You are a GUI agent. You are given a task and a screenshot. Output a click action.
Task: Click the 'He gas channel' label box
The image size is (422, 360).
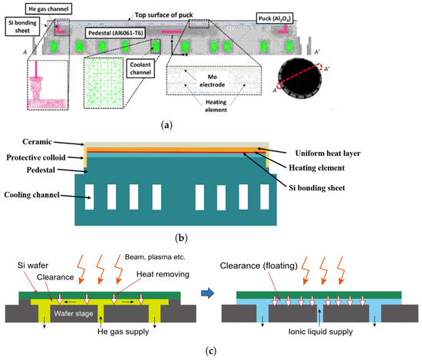point(51,8)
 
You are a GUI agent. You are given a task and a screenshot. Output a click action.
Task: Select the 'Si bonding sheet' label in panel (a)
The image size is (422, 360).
point(18,29)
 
